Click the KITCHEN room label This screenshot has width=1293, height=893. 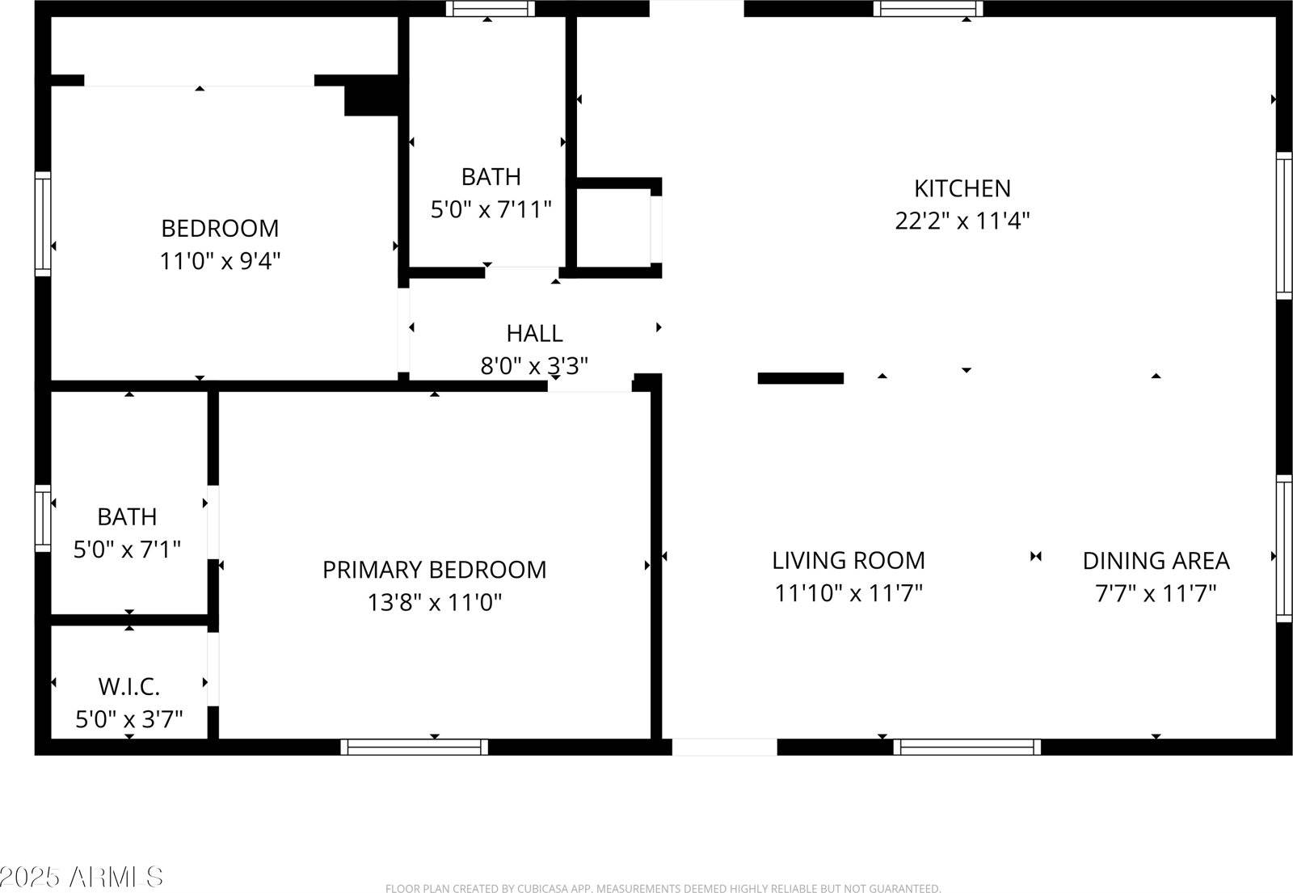click(x=962, y=188)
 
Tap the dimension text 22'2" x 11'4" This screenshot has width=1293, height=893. click(x=962, y=221)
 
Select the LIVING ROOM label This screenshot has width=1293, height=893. click(x=848, y=560)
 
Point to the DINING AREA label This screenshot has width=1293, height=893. click(x=1156, y=560)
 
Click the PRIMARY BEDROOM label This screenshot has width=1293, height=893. click(x=434, y=570)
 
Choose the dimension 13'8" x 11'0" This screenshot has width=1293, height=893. click(x=434, y=602)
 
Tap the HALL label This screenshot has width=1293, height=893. click(x=534, y=333)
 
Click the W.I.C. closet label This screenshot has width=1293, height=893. click(x=129, y=687)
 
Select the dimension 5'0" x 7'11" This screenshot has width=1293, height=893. click(x=491, y=210)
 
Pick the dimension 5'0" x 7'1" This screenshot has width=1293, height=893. click(x=127, y=550)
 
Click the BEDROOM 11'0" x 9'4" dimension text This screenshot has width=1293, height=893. click(x=219, y=261)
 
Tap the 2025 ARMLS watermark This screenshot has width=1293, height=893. click(x=81, y=876)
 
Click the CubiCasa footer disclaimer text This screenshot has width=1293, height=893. click(x=663, y=888)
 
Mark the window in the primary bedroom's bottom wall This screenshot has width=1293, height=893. click(x=414, y=747)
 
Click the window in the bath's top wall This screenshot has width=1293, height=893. click(x=491, y=9)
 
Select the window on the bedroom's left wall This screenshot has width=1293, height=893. click(x=43, y=224)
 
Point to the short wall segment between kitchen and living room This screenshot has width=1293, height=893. click(x=800, y=378)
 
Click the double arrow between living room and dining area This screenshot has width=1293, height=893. click(x=1036, y=556)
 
